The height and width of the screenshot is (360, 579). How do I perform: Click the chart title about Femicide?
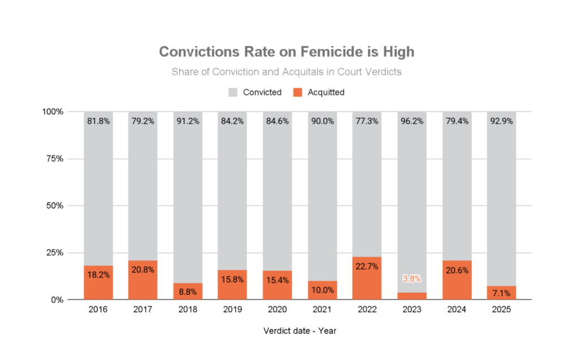(286, 52)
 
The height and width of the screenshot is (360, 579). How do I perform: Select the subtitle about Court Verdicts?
(286, 72)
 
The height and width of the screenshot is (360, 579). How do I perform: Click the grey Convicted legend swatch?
(233, 92)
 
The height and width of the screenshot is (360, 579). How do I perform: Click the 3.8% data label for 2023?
(412, 279)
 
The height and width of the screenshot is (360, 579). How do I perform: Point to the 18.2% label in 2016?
(98, 275)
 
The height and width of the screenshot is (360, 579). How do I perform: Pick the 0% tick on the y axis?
(55, 300)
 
